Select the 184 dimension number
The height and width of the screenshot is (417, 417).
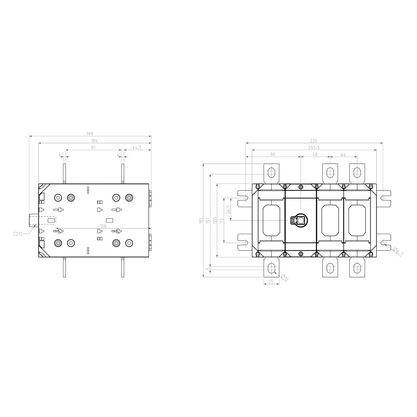(94, 141)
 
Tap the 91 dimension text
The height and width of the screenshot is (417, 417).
(93, 148)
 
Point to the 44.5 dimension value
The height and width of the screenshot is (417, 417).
(137, 148)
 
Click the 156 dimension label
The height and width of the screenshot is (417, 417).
(103, 226)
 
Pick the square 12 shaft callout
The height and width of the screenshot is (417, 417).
(18, 234)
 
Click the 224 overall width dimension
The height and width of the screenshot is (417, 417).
(314, 141)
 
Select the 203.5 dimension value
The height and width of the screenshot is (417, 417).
(314, 148)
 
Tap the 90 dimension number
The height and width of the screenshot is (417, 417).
(273, 155)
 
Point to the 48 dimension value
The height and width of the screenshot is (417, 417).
(315, 155)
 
